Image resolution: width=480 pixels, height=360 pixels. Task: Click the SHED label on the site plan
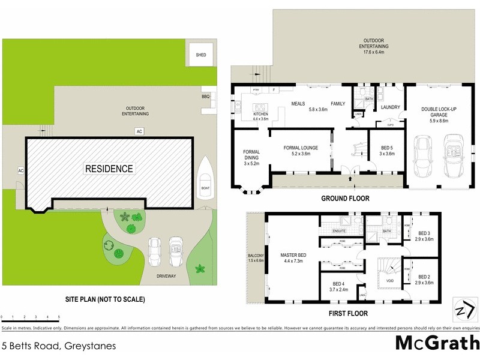coord(201,55)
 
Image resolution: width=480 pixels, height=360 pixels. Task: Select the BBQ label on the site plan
coord(205,96)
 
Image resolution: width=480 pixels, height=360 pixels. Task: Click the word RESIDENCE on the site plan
coord(109,169)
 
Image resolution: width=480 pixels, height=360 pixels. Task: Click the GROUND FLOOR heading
coord(345,199)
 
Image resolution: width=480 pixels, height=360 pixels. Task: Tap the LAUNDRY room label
coord(382,107)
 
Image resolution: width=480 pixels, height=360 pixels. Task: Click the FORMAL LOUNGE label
coord(301,148)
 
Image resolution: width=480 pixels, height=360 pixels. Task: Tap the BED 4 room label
coord(338,284)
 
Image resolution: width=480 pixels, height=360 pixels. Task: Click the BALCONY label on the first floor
coord(256,256)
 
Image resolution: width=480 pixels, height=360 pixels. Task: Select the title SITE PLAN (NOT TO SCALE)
coord(106,298)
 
